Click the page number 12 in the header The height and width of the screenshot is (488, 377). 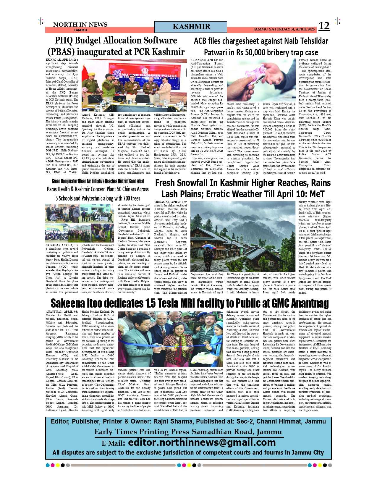[x=324, y=26]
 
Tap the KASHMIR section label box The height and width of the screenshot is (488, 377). [x=191, y=27]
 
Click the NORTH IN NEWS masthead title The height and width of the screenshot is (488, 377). [x=80, y=25]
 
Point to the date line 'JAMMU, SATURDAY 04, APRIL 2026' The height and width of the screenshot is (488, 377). [x=284, y=29]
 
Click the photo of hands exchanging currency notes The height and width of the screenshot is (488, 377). [x=261, y=80]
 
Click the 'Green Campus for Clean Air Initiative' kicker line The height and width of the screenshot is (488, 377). [x=98, y=181]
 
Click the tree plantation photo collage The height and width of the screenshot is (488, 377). [x=80, y=223]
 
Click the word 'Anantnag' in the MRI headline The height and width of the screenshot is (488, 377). [x=310, y=303]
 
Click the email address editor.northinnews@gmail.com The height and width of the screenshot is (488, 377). [x=202, y=442]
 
